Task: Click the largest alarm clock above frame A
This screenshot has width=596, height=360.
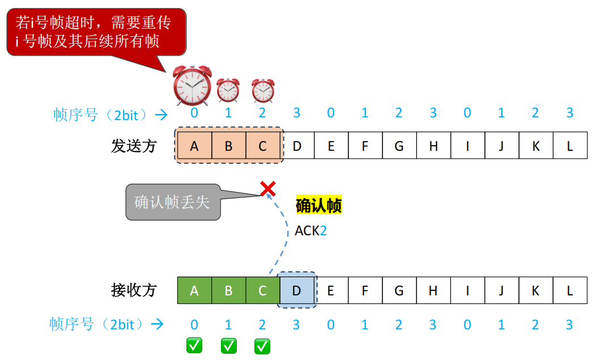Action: (x=193, y=86)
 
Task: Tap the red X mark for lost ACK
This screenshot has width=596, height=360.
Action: (x=267, y=189)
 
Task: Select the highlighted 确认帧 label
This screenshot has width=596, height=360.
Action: (x=318, y=205)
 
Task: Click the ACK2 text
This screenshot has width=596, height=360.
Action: (x=310, y=231)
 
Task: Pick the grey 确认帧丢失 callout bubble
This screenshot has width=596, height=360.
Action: (x=172, y=202)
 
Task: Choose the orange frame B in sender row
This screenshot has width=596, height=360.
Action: (x=228, y=146)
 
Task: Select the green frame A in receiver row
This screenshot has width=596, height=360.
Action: (x=194, y=291)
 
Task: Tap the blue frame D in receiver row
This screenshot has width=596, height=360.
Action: (x=296, y=291)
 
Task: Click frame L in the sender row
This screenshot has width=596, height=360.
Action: (x=569, y=146)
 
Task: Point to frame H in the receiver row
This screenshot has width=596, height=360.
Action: (x=433, y=291)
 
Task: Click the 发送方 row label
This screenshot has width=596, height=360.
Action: (x=134, y=146)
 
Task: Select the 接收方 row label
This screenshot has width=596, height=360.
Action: (x=134, y=291)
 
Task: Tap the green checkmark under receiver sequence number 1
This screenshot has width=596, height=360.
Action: (x=228, y=345)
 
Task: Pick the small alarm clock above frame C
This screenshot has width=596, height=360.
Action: (x=263, y=90)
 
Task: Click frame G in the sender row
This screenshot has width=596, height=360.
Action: (x=399, y=146)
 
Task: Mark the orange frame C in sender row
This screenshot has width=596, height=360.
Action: (x=262, y=146)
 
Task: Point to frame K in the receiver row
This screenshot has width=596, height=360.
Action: (x=535, y=291)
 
